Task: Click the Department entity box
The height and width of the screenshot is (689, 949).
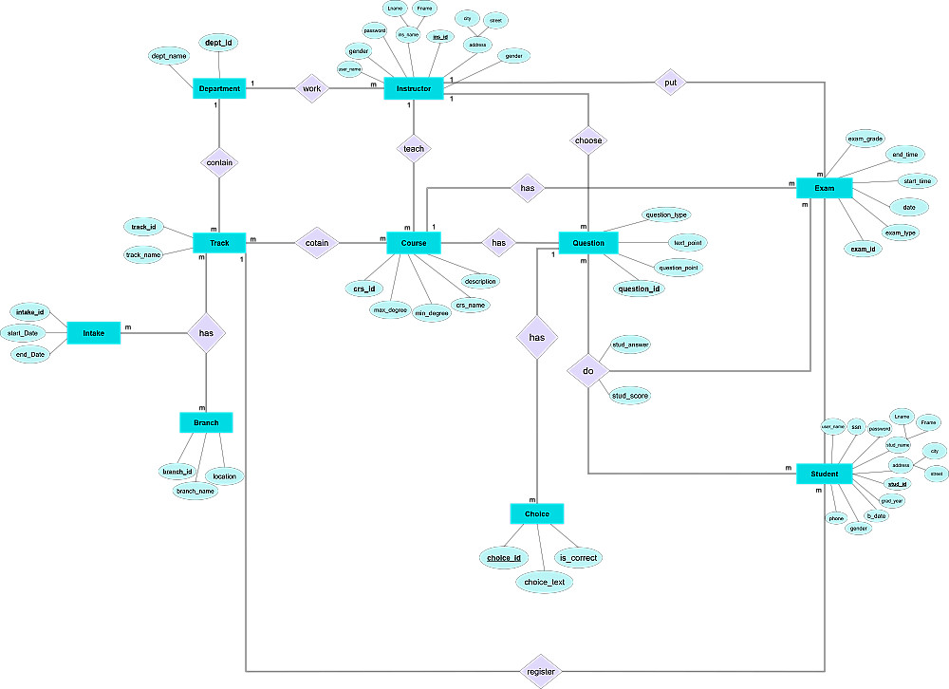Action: coord(219,89)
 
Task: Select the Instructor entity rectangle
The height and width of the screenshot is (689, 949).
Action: coord(414,89)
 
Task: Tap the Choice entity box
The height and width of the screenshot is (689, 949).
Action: coord(537,513)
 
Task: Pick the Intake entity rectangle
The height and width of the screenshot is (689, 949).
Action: coord(94,332)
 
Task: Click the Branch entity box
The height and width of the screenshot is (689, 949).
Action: coord(206,422)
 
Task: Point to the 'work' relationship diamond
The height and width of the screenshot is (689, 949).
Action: coord(310,89)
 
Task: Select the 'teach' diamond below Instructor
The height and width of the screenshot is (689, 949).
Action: coord(414,149)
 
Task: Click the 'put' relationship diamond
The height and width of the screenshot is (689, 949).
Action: coord(670,83)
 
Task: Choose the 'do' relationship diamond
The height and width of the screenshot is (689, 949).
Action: coord(588,370)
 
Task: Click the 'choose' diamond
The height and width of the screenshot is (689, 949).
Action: coord(588,140)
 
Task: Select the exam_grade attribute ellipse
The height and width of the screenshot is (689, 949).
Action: coord(865,139)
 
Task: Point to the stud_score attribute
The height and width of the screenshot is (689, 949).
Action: coord(630,395)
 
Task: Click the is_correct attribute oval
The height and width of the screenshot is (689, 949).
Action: coord(578,558)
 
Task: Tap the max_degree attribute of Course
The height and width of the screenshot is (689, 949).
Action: coord(390,309)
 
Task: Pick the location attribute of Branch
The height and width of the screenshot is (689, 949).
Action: coord(225,475)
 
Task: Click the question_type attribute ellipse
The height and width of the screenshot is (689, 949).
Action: coord(667,214)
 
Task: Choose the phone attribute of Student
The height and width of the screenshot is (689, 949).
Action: coord(836,518)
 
